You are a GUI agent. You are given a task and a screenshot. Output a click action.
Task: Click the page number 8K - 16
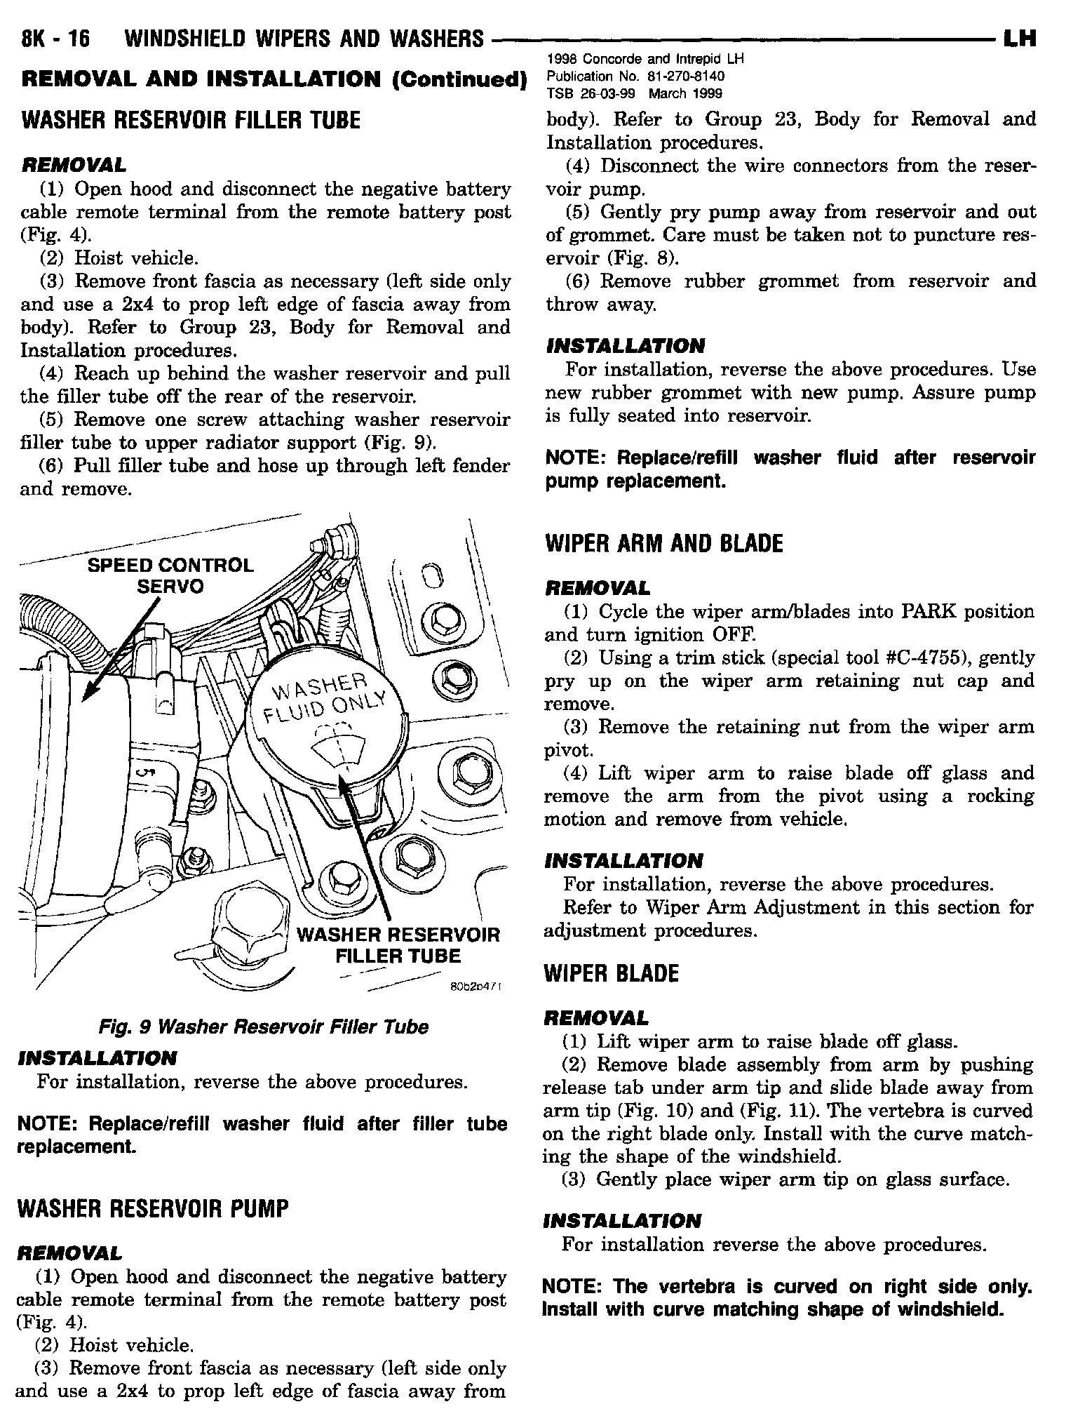(57, 39)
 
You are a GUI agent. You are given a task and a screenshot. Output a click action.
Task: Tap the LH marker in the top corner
(1020, 38)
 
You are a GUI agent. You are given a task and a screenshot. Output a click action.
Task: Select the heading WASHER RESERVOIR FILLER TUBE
(191, 121)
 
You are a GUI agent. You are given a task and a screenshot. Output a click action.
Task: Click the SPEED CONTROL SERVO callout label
(170, 575)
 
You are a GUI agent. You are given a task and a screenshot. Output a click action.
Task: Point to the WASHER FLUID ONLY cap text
(324, 697)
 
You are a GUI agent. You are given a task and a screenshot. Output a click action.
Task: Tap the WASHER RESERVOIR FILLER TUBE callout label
(398, 945)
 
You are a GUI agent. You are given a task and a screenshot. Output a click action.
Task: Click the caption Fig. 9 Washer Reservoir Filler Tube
(263, 1027)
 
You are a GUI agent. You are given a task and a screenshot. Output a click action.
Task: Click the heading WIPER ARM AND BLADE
(663, 544)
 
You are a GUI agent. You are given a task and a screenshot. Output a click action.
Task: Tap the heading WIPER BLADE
(612, 974)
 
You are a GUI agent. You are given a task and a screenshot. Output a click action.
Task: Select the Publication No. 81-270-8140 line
(635, 76)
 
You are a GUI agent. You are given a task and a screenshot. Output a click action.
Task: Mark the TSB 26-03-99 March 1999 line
(633, 93)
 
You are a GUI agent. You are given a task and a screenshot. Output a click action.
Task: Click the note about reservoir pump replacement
(790, 469)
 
